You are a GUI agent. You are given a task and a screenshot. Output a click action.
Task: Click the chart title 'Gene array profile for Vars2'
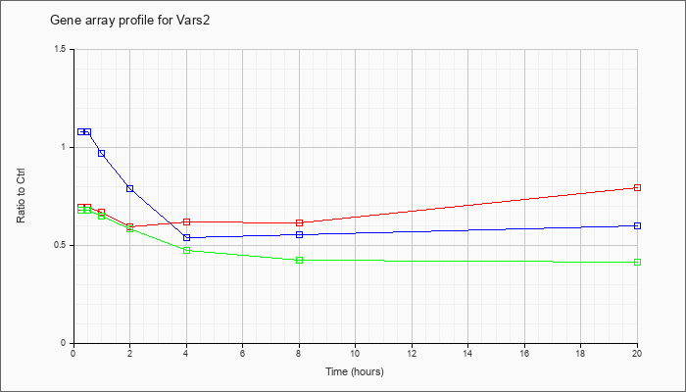coord(130,21)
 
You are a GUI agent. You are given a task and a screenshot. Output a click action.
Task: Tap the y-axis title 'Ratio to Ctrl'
coord(21,195)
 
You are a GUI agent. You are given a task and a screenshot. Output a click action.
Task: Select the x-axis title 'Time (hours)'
coord(355,371)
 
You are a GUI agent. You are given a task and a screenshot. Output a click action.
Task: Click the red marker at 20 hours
coord(637,188)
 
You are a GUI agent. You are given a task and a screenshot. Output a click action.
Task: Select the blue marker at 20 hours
coord(637,225)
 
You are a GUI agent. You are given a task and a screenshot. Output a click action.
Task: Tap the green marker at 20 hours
coord(637,262)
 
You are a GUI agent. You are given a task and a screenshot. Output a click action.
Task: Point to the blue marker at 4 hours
coord(187,237)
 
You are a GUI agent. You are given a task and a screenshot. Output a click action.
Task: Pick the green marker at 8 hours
coord(299,261)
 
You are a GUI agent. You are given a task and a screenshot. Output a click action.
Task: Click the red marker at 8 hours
coord(299,222)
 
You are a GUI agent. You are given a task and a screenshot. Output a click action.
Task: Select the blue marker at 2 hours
coord(130,188)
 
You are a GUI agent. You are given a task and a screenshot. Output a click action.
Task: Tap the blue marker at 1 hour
coord(102,153)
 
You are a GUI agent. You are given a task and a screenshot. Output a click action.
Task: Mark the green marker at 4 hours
coord(187,250)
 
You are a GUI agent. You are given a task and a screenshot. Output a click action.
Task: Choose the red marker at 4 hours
coord(187,221)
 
